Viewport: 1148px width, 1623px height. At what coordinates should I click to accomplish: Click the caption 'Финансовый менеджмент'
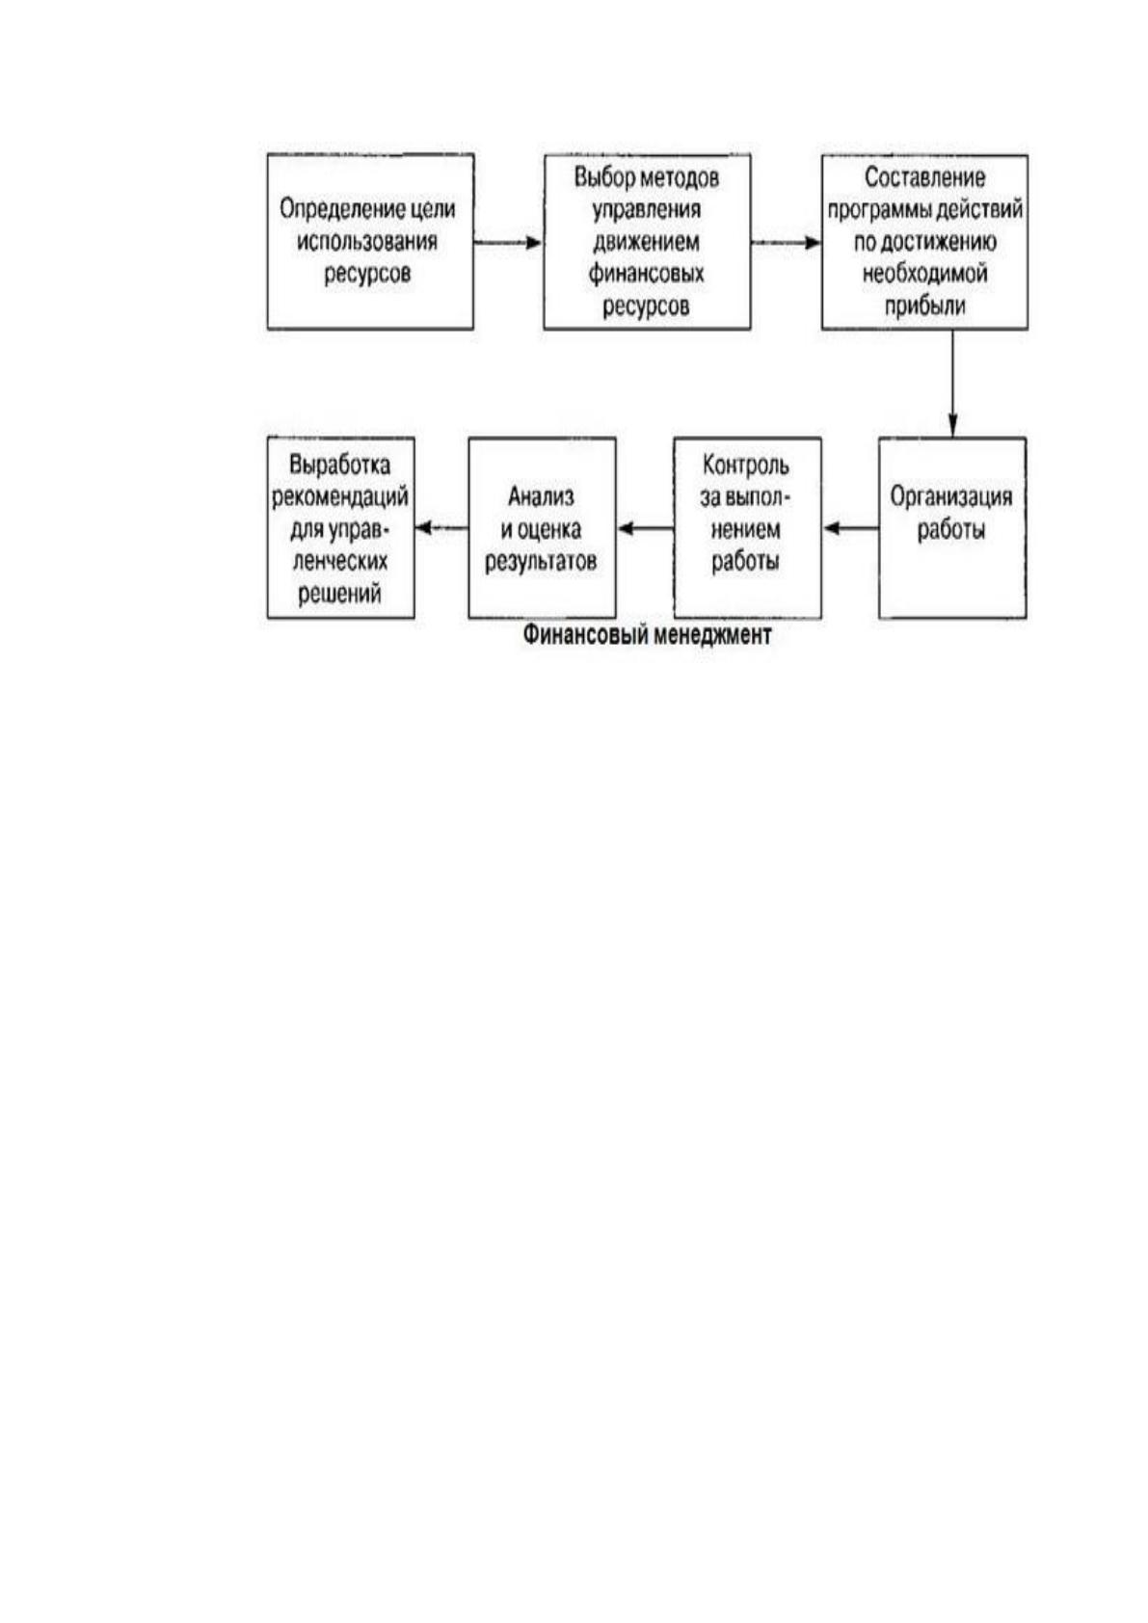647,635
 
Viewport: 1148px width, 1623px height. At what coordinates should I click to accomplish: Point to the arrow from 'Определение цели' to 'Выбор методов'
509,243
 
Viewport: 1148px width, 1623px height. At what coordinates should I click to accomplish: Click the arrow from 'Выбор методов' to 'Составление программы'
786,243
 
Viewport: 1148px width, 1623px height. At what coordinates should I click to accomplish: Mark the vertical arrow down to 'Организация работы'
953,384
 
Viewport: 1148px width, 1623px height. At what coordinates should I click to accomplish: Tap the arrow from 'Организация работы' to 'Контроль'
850,528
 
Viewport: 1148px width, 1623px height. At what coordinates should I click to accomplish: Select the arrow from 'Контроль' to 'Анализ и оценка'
645,528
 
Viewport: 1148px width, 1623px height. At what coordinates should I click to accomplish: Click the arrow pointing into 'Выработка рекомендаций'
441,528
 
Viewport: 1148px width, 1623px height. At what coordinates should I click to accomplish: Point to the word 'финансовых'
647,274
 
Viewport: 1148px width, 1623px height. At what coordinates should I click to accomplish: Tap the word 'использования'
367,241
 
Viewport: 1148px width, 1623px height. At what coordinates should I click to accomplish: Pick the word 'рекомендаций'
340,497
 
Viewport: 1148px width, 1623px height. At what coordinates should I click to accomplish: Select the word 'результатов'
541,562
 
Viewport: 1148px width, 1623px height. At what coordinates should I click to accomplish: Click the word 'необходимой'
924,274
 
